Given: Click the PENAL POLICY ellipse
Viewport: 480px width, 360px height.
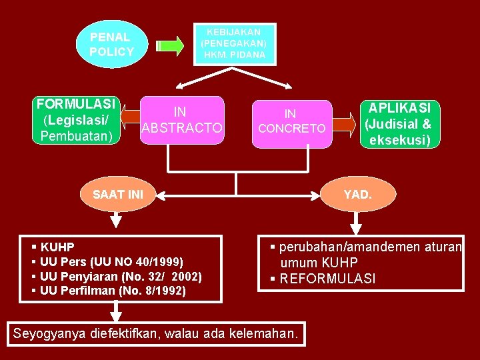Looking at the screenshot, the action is click(x=112, y=45).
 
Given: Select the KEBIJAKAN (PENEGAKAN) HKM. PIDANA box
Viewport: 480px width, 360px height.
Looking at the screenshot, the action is click(x=235, y=44).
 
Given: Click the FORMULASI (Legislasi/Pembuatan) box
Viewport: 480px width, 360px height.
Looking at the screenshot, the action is click(x=77, y=121).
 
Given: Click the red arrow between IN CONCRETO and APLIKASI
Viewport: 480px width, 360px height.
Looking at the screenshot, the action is click(x=344, y=123).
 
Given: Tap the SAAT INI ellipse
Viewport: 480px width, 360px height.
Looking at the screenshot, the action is click(x=118, y=195).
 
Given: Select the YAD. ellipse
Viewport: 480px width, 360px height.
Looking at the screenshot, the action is click(x=358, y=195).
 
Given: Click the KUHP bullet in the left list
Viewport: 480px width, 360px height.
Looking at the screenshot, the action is click(x=57, y=247).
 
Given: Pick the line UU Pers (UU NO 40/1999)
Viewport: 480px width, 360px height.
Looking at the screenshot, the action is click(x=111, y=261).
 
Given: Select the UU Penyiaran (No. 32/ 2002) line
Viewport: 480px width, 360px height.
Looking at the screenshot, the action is click(x=121, y=276).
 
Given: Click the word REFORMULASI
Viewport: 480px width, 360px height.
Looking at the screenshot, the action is click(x=327, y=278).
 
